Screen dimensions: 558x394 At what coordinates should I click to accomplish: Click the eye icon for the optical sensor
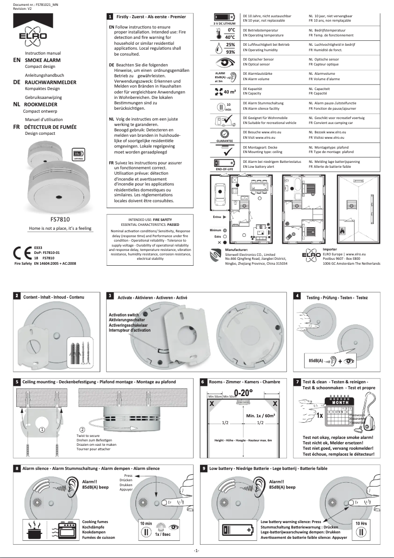[x=223, y=62]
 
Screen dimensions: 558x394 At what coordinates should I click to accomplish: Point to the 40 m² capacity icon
[x=224, y=92]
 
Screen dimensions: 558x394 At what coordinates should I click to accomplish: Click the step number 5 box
[x=17, y=381]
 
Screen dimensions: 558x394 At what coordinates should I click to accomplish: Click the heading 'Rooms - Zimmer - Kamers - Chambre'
[x=238, y=381]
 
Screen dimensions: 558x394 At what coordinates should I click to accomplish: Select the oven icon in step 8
[x=66, y=530]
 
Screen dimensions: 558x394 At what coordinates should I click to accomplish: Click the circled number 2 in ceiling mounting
[x=82, y=429]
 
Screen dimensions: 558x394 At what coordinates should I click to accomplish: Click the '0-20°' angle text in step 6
[x=244, y=393]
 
